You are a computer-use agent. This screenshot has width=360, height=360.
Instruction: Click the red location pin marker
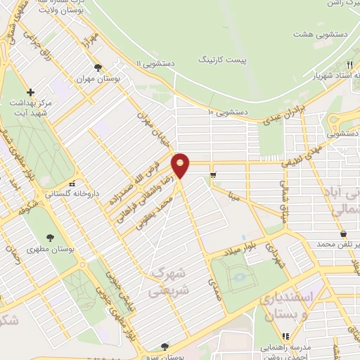pos(181,165)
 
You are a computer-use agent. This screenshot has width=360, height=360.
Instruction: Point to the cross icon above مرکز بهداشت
pos(30,91)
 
